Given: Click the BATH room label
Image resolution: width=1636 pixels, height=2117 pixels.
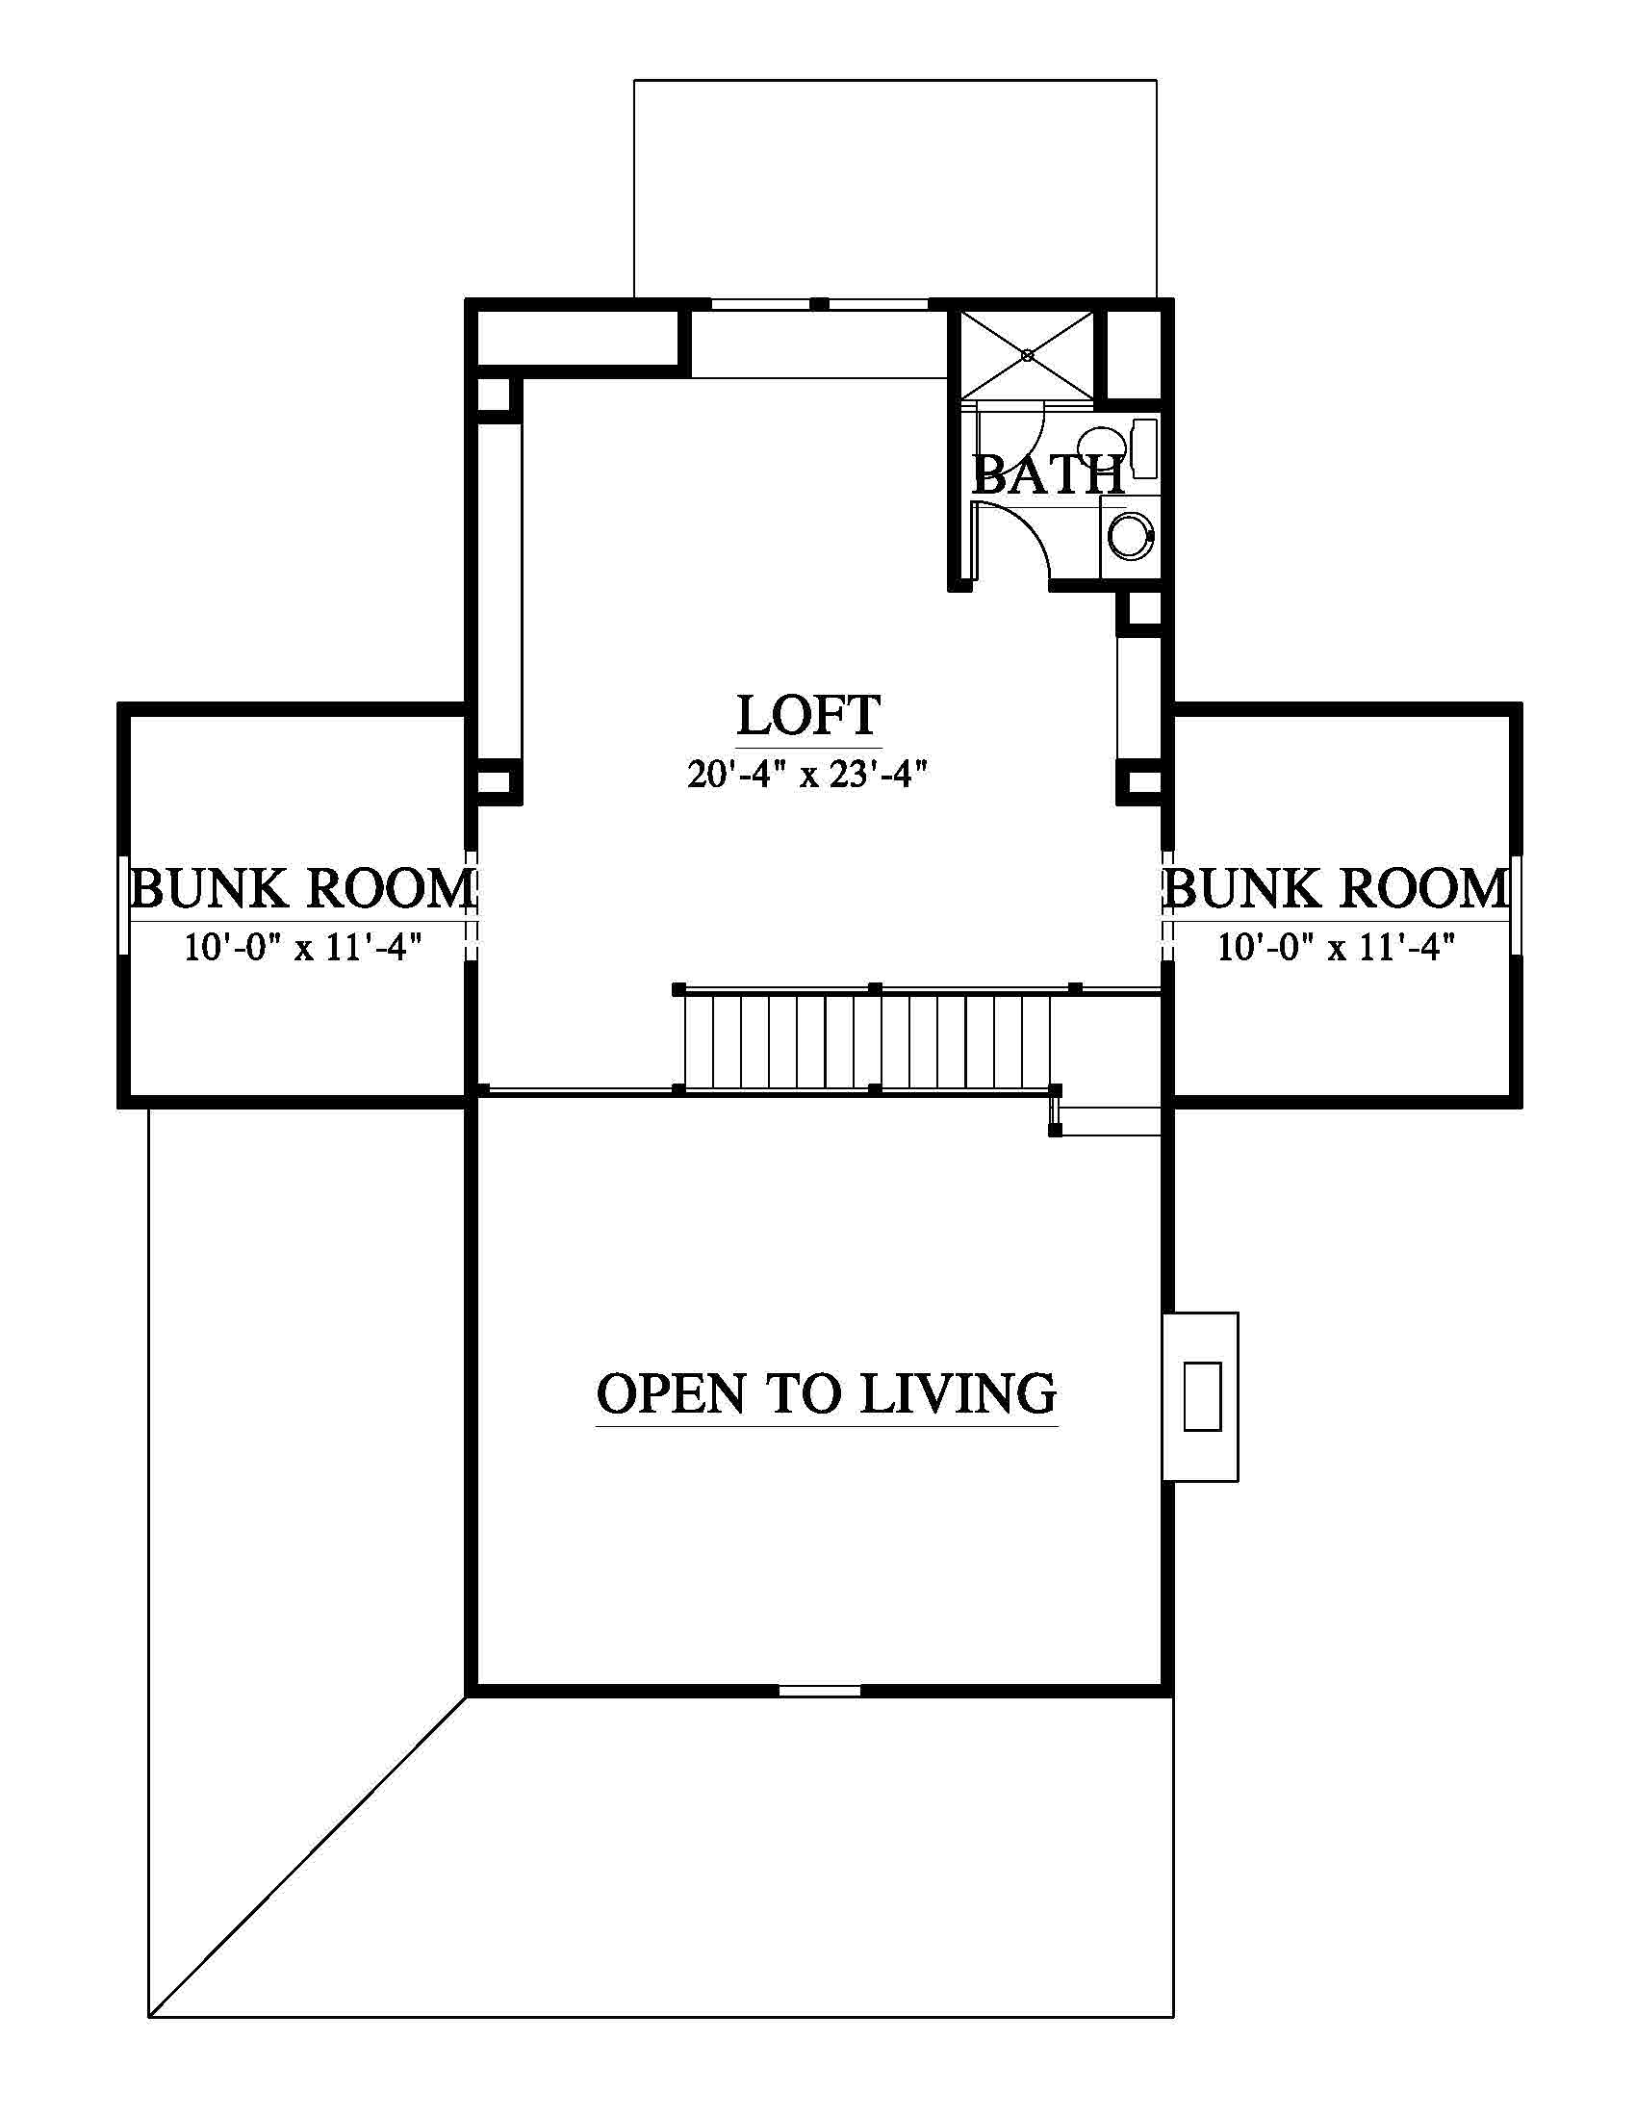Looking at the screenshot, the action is click(x=1048, y=475).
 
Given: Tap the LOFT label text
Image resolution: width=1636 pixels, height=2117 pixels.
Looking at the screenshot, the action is click(x=808, y=715).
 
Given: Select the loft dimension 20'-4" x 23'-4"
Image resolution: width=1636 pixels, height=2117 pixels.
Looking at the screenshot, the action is click(x=808, y=775).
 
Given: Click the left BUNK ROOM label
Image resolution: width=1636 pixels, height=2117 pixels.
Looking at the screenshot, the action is click(x=302, y=888).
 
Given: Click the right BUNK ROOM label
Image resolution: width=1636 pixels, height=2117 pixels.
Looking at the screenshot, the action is click(x=1336, y=888).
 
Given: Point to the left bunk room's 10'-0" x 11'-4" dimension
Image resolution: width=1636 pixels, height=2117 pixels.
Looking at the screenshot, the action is click(x=304, y=946).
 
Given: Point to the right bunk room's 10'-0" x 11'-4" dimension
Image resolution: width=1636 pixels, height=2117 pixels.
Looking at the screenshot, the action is click(x=1338, y=946).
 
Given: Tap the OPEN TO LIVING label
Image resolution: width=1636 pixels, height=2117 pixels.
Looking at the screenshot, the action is click(x=826, y=1393).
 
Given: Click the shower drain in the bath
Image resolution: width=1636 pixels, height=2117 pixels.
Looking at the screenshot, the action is click(x=1028, y=356).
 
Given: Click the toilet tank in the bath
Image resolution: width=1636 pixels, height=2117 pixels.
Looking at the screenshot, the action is click(x=1145, y=447).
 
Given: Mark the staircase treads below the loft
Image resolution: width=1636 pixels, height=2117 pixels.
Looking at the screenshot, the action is click(x=868, y=1038).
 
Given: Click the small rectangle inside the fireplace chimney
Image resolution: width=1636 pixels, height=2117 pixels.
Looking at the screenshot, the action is click(x=1202, y=1396).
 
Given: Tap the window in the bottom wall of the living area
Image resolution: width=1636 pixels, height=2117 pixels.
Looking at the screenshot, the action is click(x=820, y=1691).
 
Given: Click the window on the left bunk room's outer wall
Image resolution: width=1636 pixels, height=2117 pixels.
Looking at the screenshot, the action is click(x=123, y=905).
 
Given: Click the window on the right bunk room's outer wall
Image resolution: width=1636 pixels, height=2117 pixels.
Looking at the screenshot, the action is click(x=1516, y=905).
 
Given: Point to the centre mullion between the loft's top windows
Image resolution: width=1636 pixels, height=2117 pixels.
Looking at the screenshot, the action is click(x=820, y=303).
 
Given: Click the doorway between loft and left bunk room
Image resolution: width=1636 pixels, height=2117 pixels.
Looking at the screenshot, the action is click(x=471, y=905).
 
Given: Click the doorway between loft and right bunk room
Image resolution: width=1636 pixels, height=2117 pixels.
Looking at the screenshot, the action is click(x=1167, y=905).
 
